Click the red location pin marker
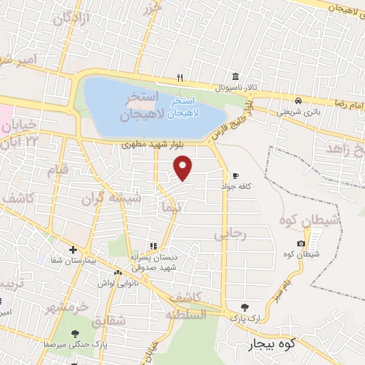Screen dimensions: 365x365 [x=183, y=168]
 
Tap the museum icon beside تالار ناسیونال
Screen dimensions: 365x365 [x=235, y=78]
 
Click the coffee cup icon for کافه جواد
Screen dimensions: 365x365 [x=236, y=176]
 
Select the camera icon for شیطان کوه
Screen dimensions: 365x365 [x=302, y=244]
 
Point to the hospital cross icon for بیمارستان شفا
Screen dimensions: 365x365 [x=73, y=250]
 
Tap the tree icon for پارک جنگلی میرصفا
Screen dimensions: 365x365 [x=77, y=333]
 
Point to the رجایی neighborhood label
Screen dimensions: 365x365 [x=230, y=232]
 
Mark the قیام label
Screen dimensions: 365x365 [x=56, y=170]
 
